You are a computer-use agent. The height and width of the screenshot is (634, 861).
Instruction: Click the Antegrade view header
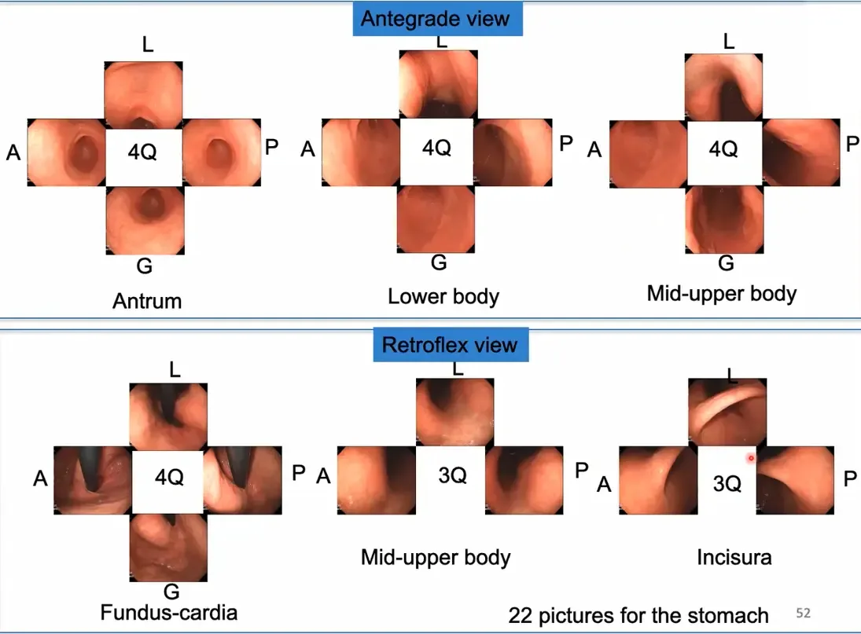[x=437, y=19]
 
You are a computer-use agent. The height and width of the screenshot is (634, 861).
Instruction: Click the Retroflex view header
[x=451, y=345]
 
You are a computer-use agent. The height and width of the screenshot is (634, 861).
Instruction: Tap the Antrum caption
[x=147, y=301]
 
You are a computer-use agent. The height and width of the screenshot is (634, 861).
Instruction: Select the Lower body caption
[x=443, y=297]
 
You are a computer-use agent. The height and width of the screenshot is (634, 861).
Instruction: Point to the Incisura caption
[x=734, y=557]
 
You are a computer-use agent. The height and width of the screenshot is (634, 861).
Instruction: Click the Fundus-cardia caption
[x=168, y=613]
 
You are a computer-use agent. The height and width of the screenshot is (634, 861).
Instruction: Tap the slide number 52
[x=804, y=613]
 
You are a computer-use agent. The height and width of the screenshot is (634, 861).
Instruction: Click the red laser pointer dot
[x=751, y=458]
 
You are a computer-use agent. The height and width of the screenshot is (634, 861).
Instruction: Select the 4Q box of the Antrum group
[x=143, y=152]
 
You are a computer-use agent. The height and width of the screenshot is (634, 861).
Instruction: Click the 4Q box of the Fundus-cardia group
[x=168, y=477]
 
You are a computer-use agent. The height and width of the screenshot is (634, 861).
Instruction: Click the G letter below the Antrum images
[x=145, y=266]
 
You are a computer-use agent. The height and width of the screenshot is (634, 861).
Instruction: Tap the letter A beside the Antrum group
[x=13, y=152]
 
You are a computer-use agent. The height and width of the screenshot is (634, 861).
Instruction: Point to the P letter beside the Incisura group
[x=850, y=478]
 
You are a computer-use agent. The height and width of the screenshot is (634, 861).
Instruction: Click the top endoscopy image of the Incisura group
[x=727, y=412]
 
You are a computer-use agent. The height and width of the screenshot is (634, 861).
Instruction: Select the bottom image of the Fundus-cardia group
[x=168, y=548]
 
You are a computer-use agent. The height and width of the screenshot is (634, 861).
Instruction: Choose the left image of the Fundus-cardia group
[x=93, y=481]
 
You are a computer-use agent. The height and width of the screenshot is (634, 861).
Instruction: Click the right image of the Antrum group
[x=221, y=152]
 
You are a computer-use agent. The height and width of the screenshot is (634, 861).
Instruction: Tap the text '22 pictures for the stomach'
[x=638, y=615]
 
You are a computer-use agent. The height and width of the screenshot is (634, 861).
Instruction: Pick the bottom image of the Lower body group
[x=436, y=219]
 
